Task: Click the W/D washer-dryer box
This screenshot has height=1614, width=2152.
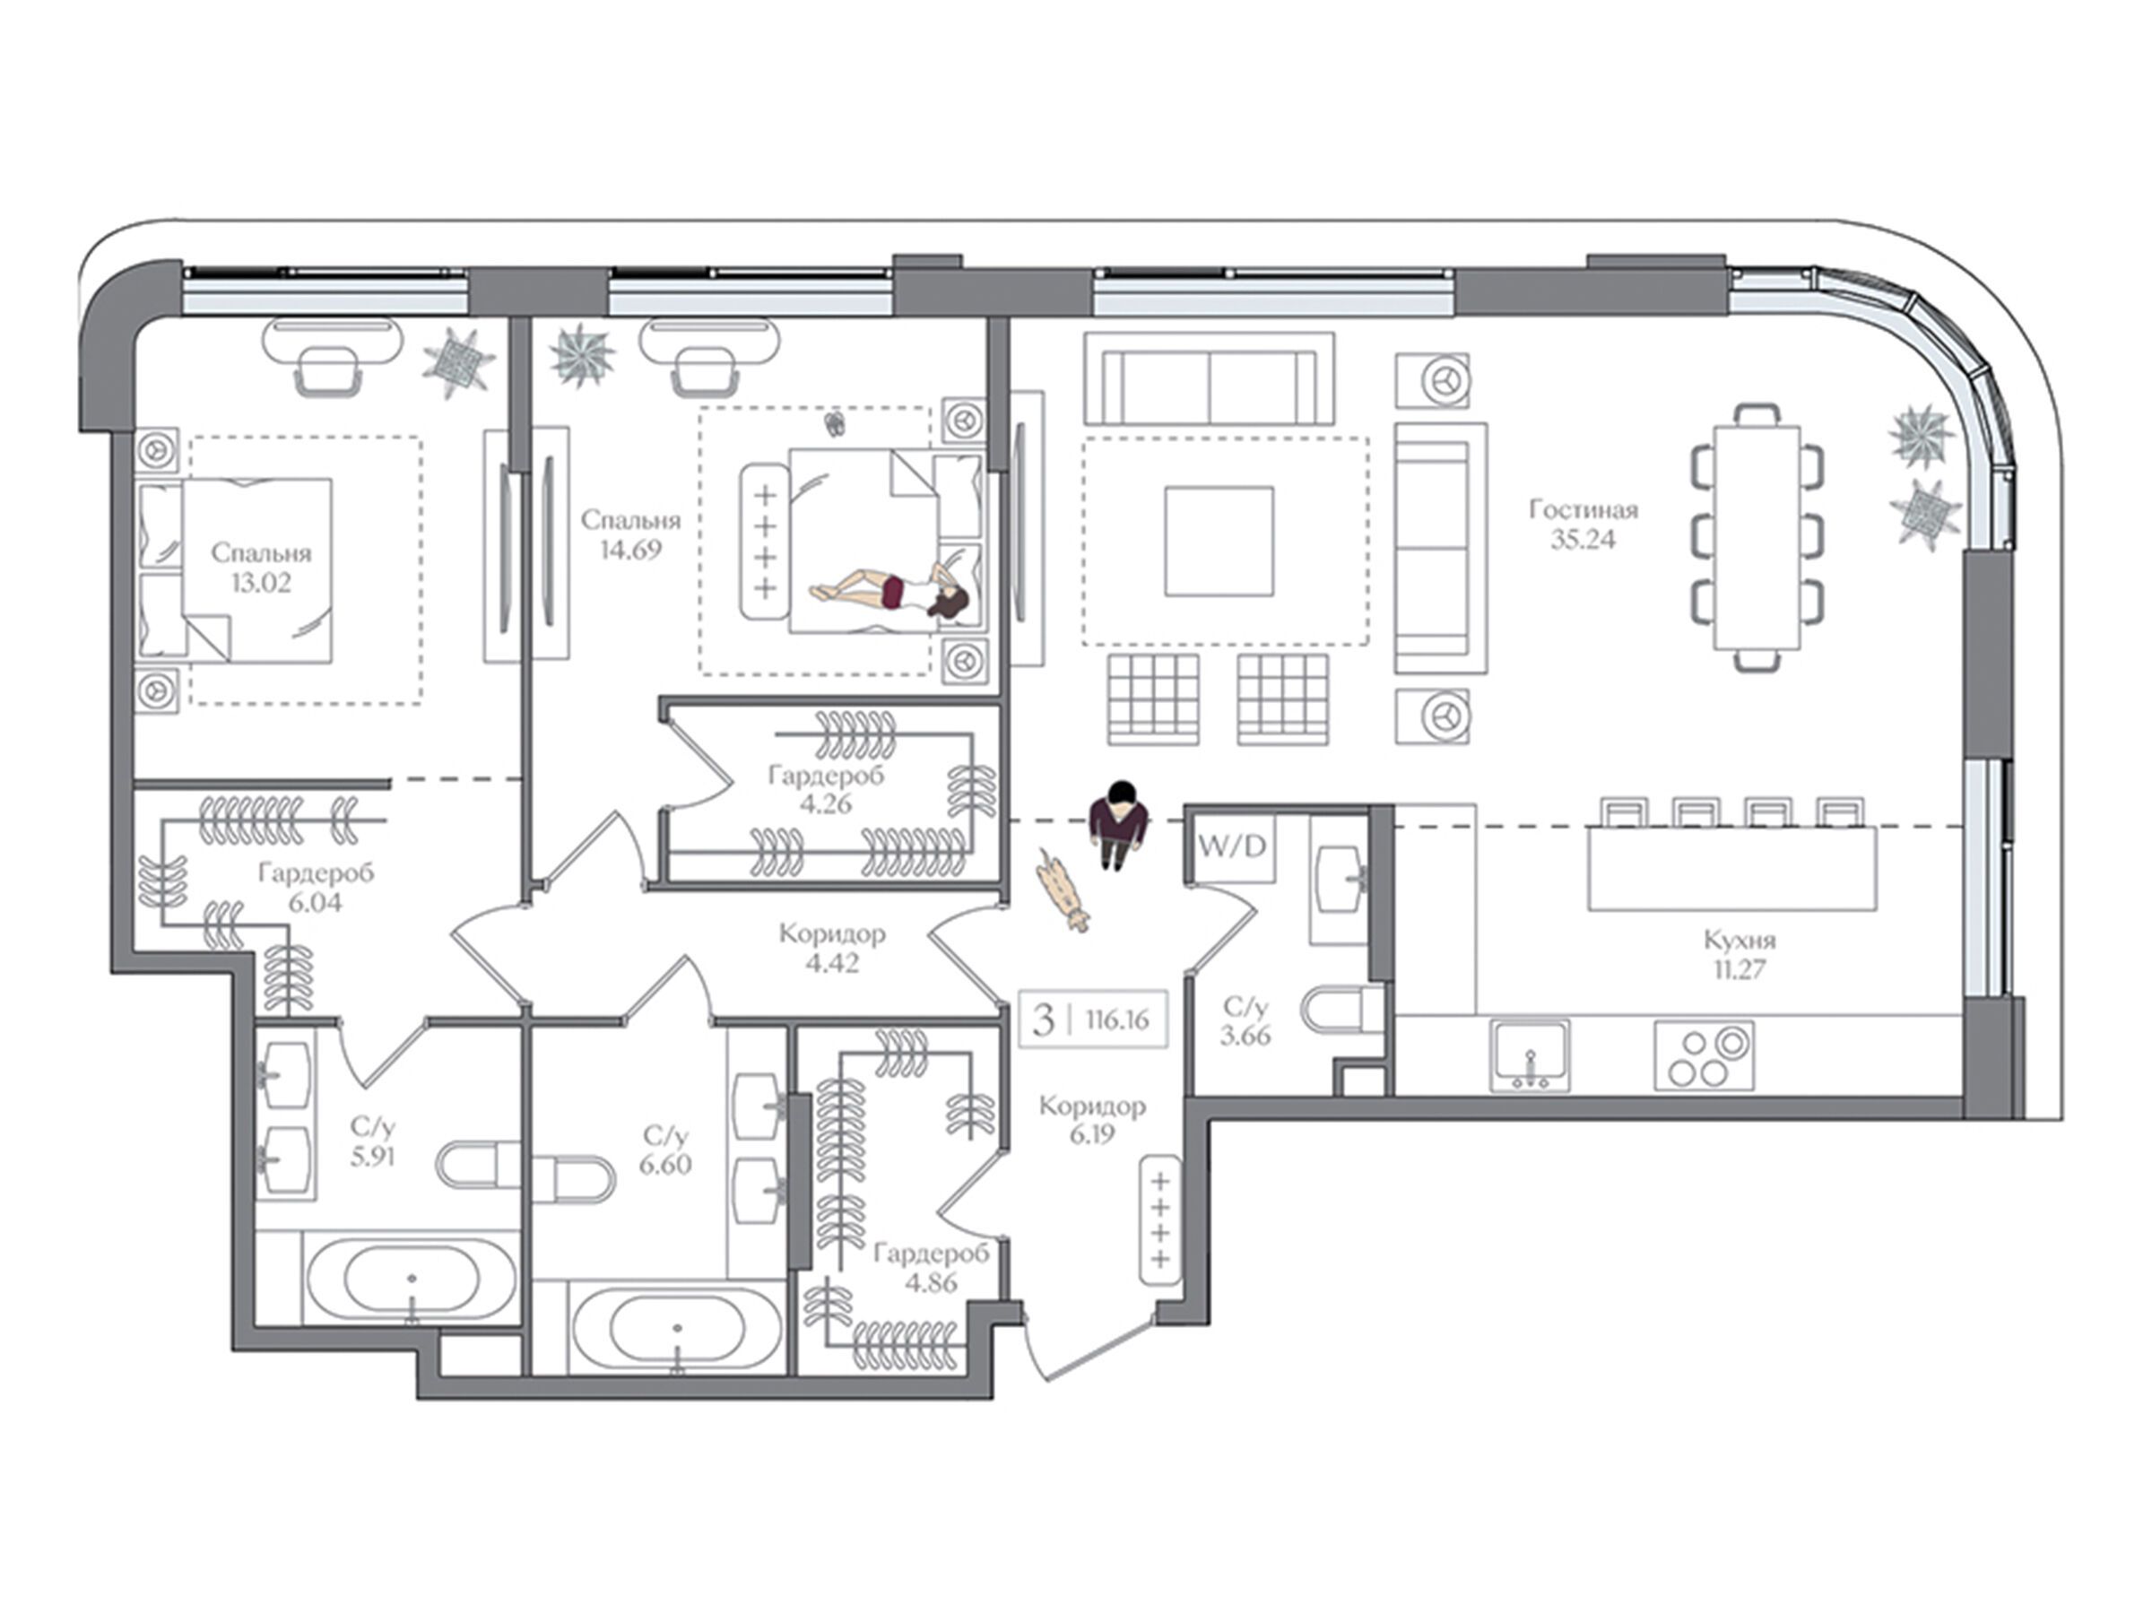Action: pos(1233,847)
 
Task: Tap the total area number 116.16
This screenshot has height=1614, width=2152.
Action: pos(1117,1020)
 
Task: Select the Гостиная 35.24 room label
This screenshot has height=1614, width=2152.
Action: pos(1583,525)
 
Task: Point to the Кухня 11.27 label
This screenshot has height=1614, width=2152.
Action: pos(1740,954)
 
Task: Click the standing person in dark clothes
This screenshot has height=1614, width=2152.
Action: pos(1119,824)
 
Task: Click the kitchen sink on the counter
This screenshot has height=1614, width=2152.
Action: pos(1530,1054)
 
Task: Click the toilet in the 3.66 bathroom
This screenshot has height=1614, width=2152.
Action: pos(1343,1009)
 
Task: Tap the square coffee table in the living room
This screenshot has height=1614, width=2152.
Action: pos(1219,541)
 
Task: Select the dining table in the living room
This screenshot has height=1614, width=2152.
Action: pos(1757,538)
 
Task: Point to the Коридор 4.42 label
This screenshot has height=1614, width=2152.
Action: pos(832,949)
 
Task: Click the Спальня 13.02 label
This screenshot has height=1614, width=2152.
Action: pos(261,568)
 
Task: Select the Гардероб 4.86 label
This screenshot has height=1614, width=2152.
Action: pos(931,1268)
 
